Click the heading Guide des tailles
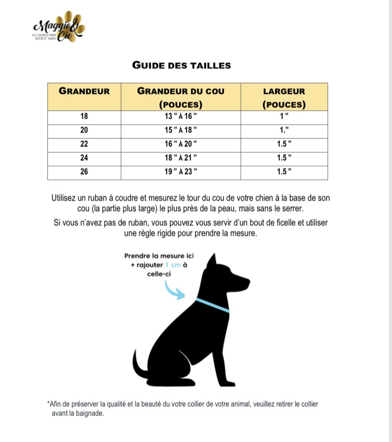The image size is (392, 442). tap(181, 65)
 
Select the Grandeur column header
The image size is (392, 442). tap(84, 91)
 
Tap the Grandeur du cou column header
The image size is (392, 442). tap(181, 97)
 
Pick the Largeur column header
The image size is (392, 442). tap(284, 97)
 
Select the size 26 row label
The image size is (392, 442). tap(84, 172)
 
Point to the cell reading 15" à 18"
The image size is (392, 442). tap(181, 130)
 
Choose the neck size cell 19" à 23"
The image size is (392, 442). tap(181, 172)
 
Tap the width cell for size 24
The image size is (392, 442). tap(284, 158)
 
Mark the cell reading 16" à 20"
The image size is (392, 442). tap(181, 144)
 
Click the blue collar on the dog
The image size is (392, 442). tap(213, 305)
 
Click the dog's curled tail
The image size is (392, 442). tap(138, 365)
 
